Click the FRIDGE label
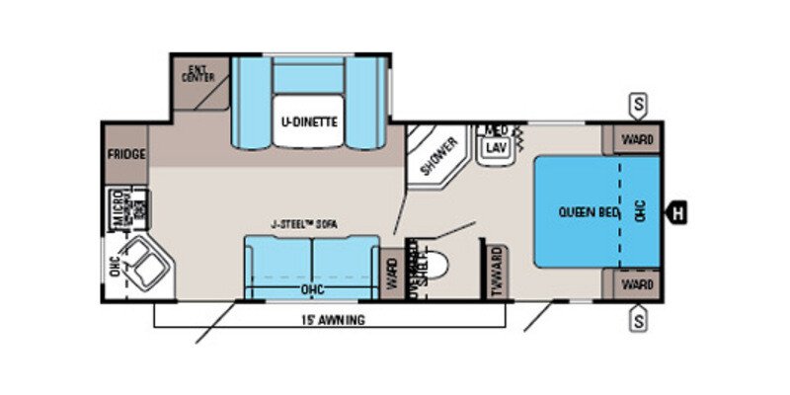[x=126, y=155]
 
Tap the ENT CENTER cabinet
[x=200, y=75]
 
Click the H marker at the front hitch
[x=678, y=210]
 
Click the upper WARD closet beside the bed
[x=637, y=139]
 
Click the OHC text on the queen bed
[x=641, y=210]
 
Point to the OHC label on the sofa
[x=312, y=290]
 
